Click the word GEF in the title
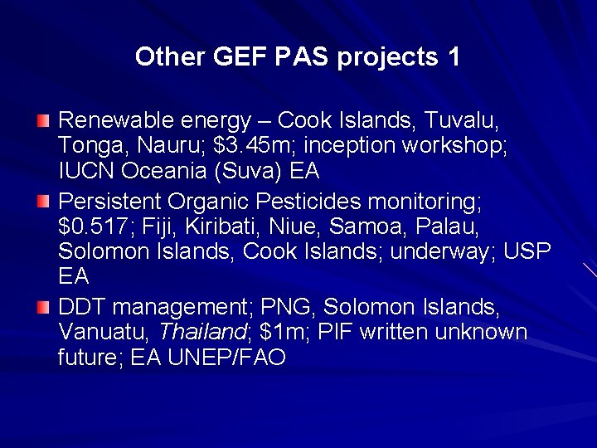pos(238,56)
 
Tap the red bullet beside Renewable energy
pos(43,121)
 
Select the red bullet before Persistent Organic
pos(43,201)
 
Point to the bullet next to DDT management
pos(43,308)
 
